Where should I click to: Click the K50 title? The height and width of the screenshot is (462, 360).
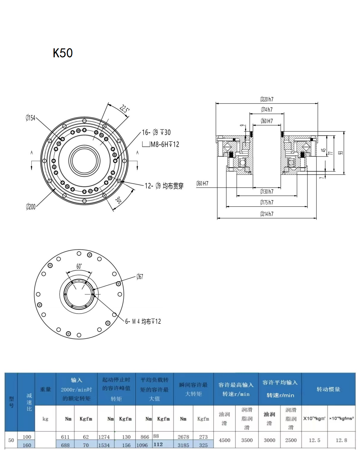coord(63,53)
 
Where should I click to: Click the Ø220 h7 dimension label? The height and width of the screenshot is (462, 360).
coord(267,99)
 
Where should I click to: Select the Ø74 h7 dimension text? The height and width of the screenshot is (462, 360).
coord(267,110)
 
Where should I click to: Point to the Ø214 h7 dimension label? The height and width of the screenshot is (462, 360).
coord(267,214)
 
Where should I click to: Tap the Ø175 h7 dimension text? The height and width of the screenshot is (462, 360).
coord(267,203)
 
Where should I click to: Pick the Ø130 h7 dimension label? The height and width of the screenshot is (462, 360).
coord(267,192)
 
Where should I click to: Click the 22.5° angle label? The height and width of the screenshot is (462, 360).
coord(124,109)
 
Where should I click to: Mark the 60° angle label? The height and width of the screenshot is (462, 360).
coord(79,266)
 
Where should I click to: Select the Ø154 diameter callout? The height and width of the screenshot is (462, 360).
coord(30,118)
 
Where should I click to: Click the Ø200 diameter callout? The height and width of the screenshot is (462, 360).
coord(31,207)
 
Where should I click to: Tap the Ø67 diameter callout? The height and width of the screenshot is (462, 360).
coord(140,277)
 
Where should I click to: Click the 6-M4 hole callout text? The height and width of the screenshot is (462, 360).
coord(143,322)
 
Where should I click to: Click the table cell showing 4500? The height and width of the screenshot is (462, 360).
coord(225,440)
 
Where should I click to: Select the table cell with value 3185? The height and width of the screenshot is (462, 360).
coord(183,445)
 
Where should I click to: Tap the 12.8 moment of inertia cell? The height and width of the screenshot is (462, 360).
coord(341,440)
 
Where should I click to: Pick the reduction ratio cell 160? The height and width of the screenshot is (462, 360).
coord(27,445)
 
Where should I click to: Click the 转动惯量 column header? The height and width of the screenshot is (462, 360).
coord(328,389)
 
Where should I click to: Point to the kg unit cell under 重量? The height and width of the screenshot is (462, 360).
coord(45,419)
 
